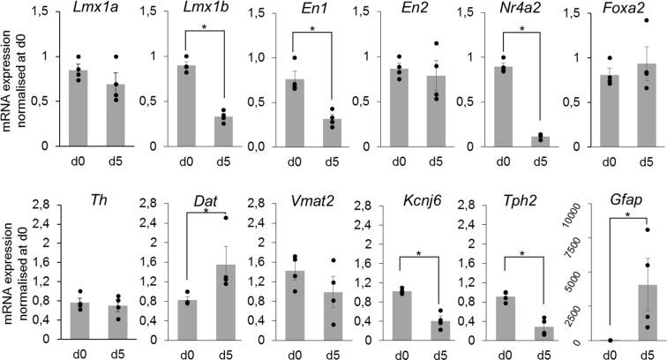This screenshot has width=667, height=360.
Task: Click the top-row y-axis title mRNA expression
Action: pos(9,79)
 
